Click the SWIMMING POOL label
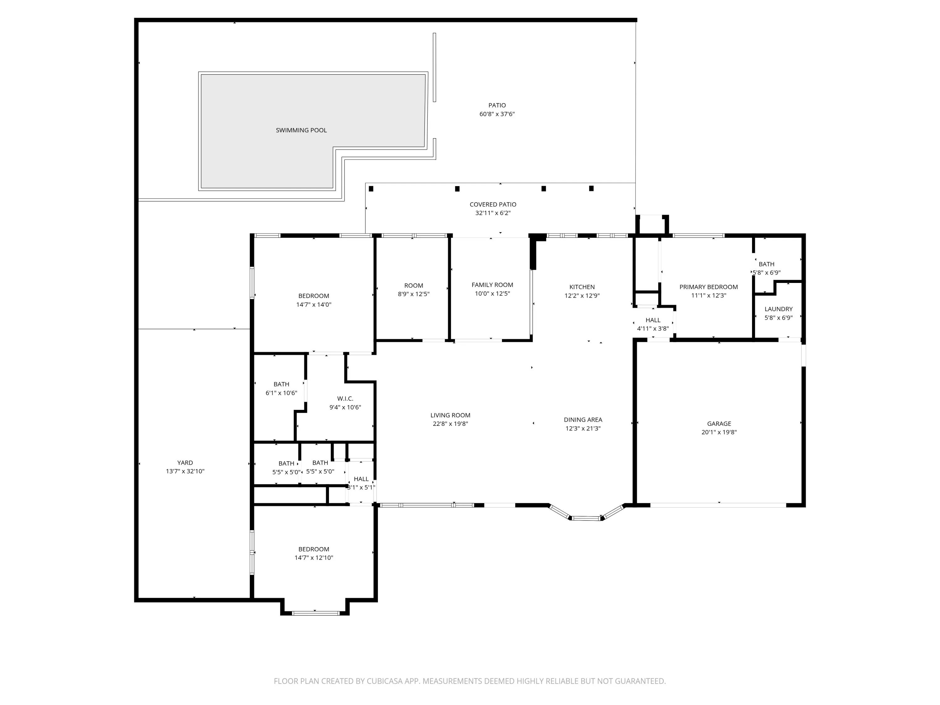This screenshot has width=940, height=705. point(301,130)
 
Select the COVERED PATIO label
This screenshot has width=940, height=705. point(493,204)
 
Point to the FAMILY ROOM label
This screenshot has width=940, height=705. point(492,285)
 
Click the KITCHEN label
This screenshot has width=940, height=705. point(582,287)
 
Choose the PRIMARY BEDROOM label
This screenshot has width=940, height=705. point(708,287)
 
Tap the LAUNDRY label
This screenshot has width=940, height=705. point(779,309)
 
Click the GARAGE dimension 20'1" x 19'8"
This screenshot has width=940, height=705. point(719,432)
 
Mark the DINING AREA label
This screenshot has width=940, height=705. point(583,420)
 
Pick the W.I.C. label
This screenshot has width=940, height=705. point(345,399)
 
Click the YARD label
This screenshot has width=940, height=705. point(185,462)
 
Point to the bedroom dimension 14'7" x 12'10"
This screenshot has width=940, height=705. point(314,557)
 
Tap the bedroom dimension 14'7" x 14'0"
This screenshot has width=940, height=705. point(314,304)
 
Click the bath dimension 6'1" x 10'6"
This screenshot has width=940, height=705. point(281,393)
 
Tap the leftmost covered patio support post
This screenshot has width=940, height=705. point(371,189)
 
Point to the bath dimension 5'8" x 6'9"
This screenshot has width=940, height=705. point(767,273)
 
